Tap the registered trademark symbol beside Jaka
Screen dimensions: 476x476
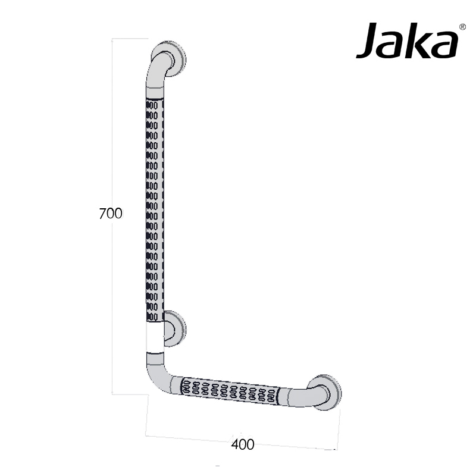click(x=462, y=27)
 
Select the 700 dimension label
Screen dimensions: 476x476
click(x=110, y=214)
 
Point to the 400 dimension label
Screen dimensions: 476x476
click(x=243, y=444)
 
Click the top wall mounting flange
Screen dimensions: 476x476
click(x=174, y=59)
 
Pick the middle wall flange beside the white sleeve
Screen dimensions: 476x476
click(x=175, y=328)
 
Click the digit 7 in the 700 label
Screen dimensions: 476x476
click(x=102, y=214)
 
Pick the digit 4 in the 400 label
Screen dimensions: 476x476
click(x=235, y=444)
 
